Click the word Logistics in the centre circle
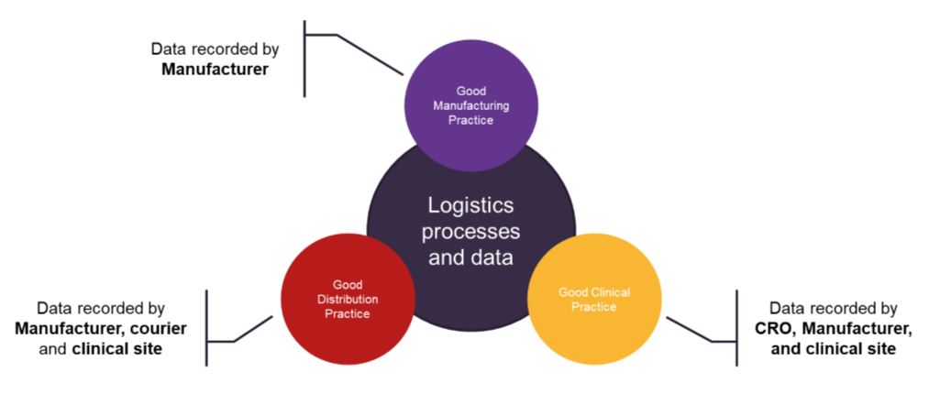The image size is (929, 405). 470,205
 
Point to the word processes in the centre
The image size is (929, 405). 470,231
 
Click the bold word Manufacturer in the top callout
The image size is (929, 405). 216,68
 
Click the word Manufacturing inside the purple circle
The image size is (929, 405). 470,105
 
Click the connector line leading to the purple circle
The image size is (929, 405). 370,54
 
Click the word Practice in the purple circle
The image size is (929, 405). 470,120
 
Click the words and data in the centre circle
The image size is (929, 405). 470,257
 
